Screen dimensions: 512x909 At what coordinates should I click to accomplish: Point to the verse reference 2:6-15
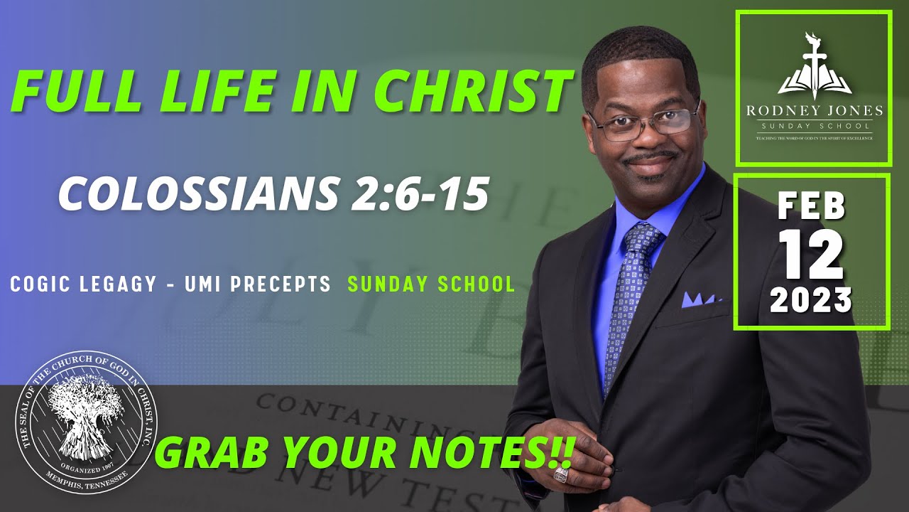[419, 193]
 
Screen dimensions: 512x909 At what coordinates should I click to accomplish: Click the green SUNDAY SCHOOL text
[431, 284]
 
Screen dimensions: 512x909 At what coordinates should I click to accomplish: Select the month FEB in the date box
[812, 206]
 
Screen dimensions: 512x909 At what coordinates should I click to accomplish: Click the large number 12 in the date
[812, 256]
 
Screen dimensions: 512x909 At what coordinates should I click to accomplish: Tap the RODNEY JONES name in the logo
[813, 110]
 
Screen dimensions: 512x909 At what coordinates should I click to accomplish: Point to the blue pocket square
[700, 299]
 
